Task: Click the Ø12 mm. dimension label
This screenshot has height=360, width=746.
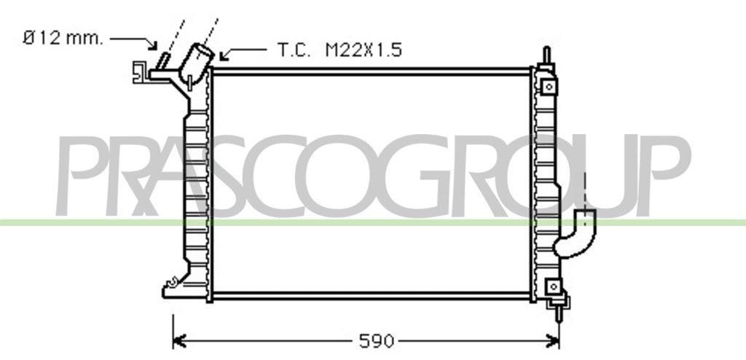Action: pyautogui.click(x=63, y=39)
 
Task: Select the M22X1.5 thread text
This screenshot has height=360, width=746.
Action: pyautogui.click(x=364, y=50)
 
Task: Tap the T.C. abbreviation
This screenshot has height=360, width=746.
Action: pyautogui.click(x=294, y=50)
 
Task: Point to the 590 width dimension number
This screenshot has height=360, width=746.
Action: pyautogui.click(x=377, y=341)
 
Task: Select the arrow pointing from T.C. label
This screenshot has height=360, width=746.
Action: pyautogui.click(x=243, y=53)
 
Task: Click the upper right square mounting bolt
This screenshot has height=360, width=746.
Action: pyautogui.click(x=549, y=87)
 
